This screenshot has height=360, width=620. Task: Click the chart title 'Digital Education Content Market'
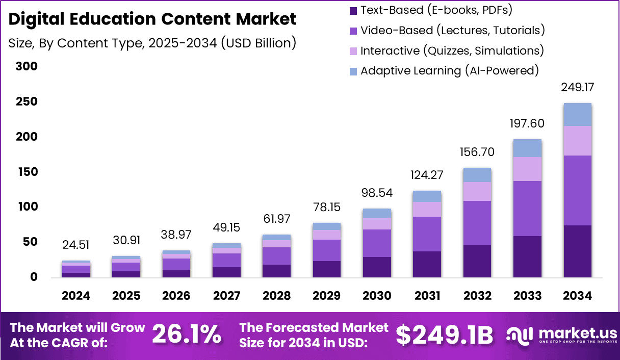tap(152, 19)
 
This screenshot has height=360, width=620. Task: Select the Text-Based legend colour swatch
tap(353, 10)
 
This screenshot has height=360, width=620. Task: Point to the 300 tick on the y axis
tap(27, 67)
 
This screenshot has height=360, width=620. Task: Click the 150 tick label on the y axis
tap(27, 172)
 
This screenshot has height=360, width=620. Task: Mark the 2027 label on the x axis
tap(227, 296)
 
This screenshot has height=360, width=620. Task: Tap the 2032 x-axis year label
tap(477, 296)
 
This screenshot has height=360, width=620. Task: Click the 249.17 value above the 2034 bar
tap(577, 88)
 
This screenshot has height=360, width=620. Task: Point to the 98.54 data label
tap(377, 194)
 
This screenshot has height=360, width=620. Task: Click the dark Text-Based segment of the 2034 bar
tap(577, 251)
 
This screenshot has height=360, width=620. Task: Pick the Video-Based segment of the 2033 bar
tap(527, 208)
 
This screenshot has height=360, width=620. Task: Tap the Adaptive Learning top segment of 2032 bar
tap(477, 175)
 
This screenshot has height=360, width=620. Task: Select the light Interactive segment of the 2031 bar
tap(427, 209)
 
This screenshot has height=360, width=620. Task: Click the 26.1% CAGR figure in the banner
tap(187, 335)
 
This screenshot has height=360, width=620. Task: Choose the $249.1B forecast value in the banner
tap(444, 335)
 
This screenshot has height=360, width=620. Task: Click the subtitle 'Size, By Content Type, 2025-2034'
tap(152, 43)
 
